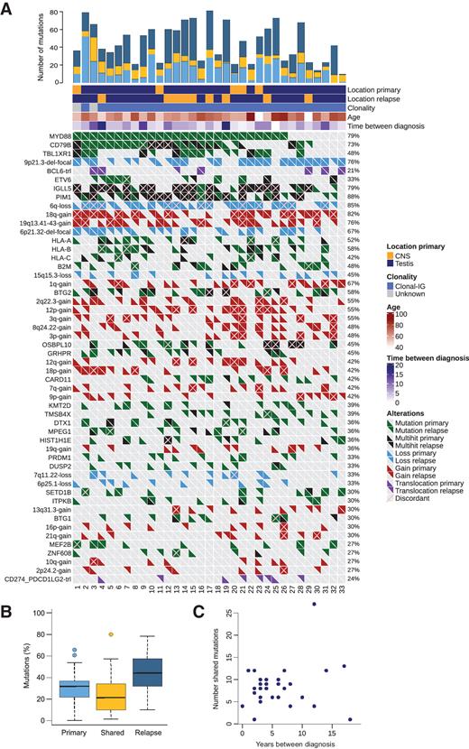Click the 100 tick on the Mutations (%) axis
(45, 613)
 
